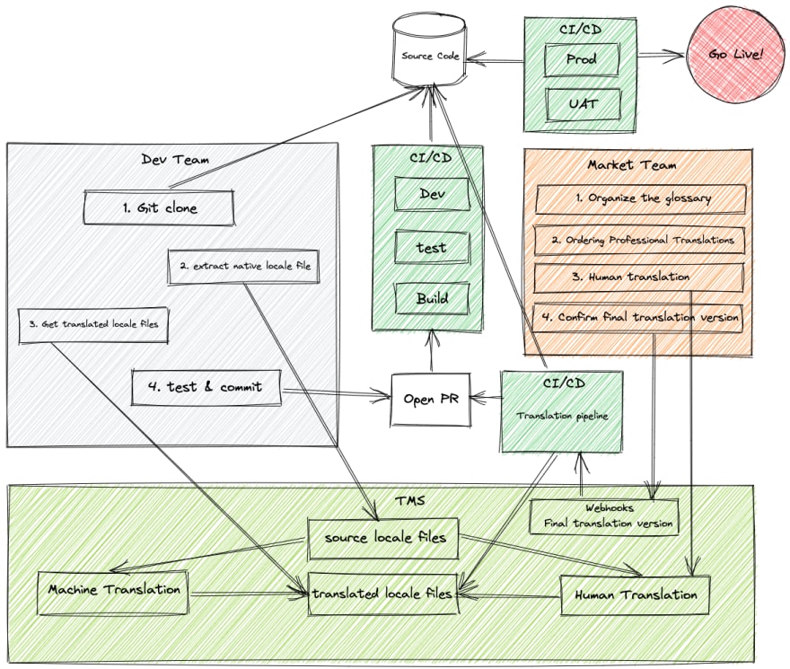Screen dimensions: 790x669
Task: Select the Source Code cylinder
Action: pyautogui.click(x=429, y=49)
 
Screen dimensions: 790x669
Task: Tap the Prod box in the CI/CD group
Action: pyautogui.click(x=582, y=59)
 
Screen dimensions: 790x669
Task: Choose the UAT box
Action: pyautogui.click(x=583, y=104)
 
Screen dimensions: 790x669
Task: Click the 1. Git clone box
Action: pyautogui.click(x=159, y=207)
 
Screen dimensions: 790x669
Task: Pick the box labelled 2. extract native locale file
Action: pyautogui.click(x=244, y=266)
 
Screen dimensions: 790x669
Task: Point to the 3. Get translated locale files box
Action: pyautogui.click(x=93, y=325)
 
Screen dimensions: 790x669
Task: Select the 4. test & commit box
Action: pyautogui.click(x=206, y=387)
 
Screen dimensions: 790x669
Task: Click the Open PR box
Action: pyautogui.click(x=431, y=400)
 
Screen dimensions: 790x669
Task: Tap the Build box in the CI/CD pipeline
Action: pyautogui.click(x=433, y=298)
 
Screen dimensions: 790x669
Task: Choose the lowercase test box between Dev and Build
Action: pyautogui.click(x=433, y=247)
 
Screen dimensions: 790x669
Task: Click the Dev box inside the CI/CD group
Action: pyautogui.click(x=433, y=194)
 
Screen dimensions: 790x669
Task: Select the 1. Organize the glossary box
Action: pyautogui.click(x=641, y=199)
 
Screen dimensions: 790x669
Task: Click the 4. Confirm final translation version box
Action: pyautogui.click(x=638, y=318)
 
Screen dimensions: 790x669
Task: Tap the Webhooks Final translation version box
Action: pyautogui.click(x=604, y=516)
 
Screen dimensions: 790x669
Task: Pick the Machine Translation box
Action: pyautogui.click(x=113, y=593)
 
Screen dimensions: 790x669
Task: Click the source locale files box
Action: pyautogui.click(x=383, y=539)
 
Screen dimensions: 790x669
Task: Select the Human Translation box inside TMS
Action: pyautogui.click(x=636, y=594)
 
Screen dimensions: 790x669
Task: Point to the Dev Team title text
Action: pyautogui.click(x=175, y=160)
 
